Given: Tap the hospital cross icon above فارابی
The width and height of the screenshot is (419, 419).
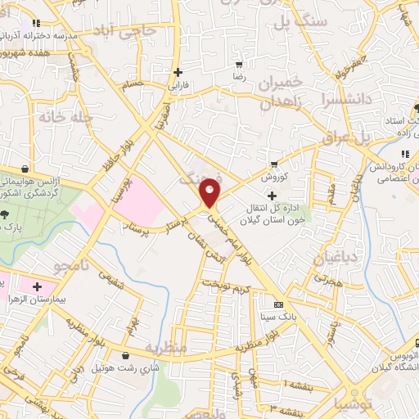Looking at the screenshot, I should click(x=178, y=72).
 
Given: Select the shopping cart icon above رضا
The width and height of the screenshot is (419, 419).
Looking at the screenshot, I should click(x=239, y=65).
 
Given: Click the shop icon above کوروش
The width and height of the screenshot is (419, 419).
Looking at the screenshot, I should click(x=274, y=164).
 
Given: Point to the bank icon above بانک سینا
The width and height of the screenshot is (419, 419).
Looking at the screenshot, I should click(x=278, y=305).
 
